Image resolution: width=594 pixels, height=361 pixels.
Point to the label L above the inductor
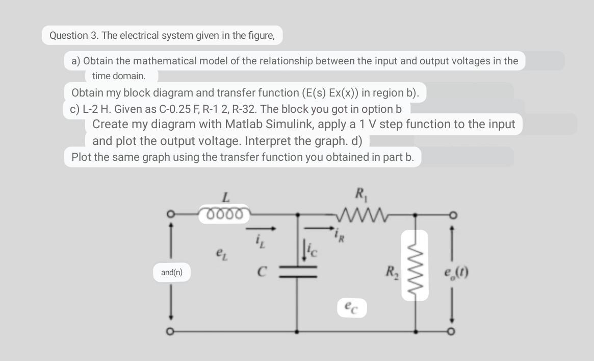pyautogui.click(x=226, y=195)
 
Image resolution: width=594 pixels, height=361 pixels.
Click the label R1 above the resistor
pyautogui.click(x=359, y=194)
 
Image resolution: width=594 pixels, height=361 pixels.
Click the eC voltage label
pyautogui.click(x=352, y=307)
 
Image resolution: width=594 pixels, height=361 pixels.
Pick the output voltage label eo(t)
pyautogui.click(x=456, y=272)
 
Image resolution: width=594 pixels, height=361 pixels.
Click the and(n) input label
pyautogui.click(x=171, y=273)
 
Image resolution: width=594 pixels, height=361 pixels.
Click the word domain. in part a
pyautogui.click(x=132, y=76)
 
